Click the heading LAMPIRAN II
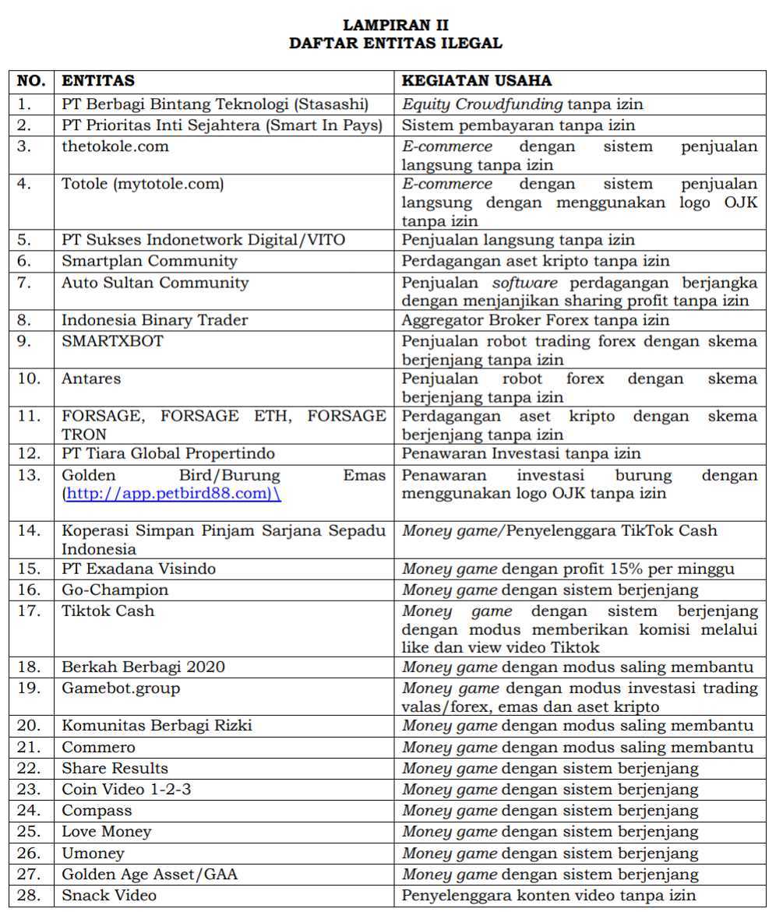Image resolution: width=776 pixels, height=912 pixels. click(395, 26)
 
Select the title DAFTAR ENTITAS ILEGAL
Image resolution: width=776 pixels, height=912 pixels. click(395, 44)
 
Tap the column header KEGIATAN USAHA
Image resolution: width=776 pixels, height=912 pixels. click(477, 81)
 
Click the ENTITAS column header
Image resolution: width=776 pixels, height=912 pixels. click(98, 81)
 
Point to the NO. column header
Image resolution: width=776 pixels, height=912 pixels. click(32, 81)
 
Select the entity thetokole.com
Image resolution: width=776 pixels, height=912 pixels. click(115, 146)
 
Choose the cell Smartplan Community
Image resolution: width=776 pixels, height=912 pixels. click(150, 261)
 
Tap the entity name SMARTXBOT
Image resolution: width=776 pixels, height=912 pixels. click(113, 341)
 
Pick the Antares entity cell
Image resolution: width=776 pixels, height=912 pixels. click(91, 379)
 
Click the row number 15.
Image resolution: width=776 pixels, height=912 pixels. click(29, 569)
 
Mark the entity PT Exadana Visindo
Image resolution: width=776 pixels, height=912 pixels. click(139, 569)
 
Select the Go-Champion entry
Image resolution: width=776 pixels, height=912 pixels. click(115, 590)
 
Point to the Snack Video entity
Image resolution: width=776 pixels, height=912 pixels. click(109, 896)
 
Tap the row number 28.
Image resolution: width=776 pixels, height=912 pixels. click(29, 896)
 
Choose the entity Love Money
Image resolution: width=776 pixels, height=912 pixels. click(107, 832)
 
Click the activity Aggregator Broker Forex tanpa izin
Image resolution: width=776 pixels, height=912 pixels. click(535, 320)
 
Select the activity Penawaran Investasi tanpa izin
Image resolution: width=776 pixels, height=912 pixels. click(521, 453)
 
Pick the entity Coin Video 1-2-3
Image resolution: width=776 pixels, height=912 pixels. click(126, 790)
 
